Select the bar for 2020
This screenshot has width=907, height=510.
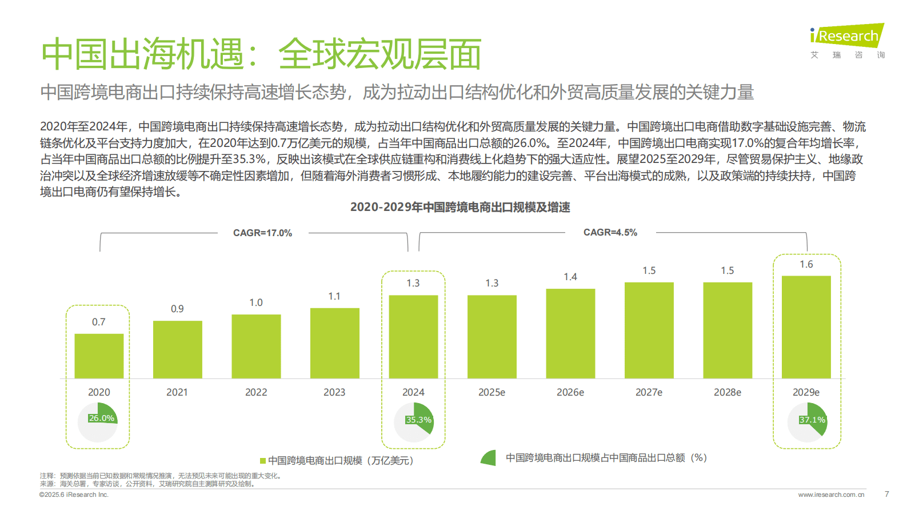(x=99, y=356)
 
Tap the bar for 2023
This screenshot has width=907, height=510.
(x=334, y=343)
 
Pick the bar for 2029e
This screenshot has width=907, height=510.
(x=806, y=327)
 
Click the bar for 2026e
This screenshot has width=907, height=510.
(x=570, y=333)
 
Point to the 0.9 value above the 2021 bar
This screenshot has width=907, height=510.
(x=177, y=309)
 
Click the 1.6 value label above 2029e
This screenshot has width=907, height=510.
(x=806, y=264)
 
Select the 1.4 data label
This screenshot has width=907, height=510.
(x=570, y=277)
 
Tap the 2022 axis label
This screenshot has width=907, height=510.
(x=256, y=392)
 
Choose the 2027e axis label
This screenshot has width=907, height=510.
(x=649, y=392)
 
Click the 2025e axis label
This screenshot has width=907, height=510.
(x=492, y=392)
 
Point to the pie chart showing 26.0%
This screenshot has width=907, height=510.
(x=98, y=422)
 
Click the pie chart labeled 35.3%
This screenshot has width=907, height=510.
(x=414, y=422)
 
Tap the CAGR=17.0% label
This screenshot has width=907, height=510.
(x=262, y=233)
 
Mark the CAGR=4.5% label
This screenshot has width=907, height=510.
(x=610, y=232)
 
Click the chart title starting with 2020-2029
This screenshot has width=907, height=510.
(x=460, y=207)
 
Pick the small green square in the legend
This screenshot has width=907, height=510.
(x=263, y=461)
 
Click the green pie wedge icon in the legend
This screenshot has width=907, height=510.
(x=489, y=458)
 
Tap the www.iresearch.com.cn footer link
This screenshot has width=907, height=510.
(x=831, y=495)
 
